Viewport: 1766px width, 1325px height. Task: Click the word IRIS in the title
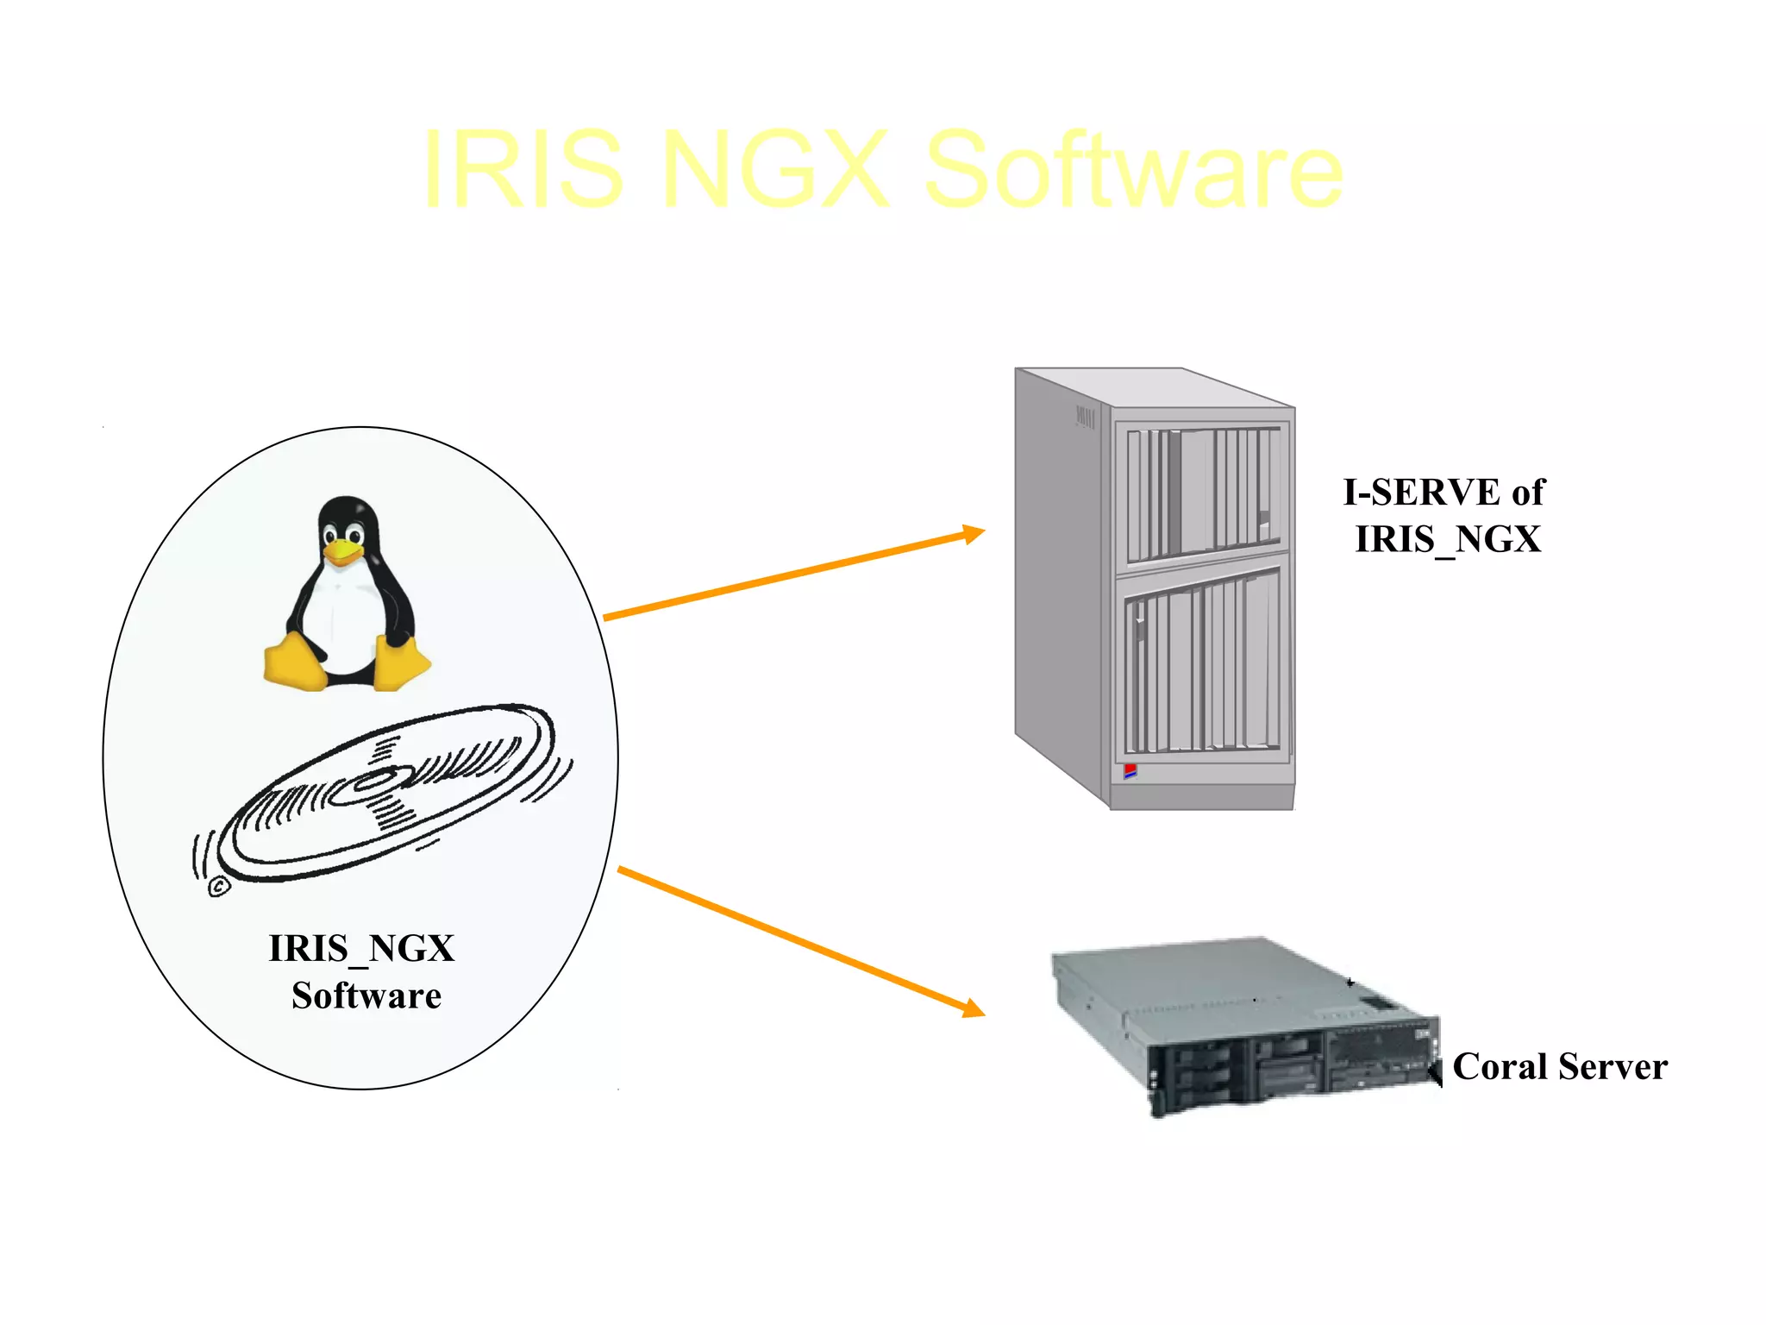[x=523, y=170]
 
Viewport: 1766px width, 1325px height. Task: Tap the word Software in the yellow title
[x=1133, y=170]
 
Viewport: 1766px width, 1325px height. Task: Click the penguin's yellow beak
[x=342, y=553]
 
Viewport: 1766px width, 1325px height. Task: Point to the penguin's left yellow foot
[x=295, y=662]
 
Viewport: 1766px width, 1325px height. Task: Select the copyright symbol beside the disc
[x=219, y=886]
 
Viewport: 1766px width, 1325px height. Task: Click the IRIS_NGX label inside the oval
[x=361, y=949]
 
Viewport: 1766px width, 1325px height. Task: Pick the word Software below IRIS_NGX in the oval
[x=366, y=996]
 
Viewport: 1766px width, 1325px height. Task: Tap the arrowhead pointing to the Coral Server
[x=974, y=1008]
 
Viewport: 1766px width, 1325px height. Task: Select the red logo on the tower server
[x=1130, y=770]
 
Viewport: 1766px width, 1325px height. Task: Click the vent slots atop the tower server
[x=1085, y=418]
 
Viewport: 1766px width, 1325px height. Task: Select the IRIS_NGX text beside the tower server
[x=1448, y=540]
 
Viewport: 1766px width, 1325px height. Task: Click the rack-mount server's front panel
[x=1293, y=1070]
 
